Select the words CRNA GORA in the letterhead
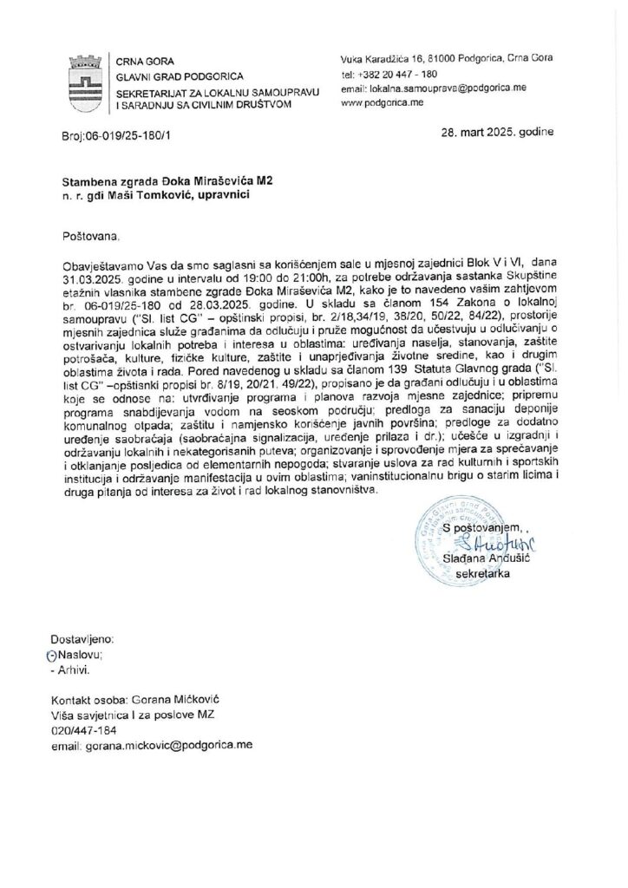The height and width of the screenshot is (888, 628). (x=143, y=61)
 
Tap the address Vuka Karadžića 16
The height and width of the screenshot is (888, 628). (x=387, y=58)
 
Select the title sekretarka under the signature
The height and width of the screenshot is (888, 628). (x=482, y=573)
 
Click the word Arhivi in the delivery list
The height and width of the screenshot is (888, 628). (x=74, y=669)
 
